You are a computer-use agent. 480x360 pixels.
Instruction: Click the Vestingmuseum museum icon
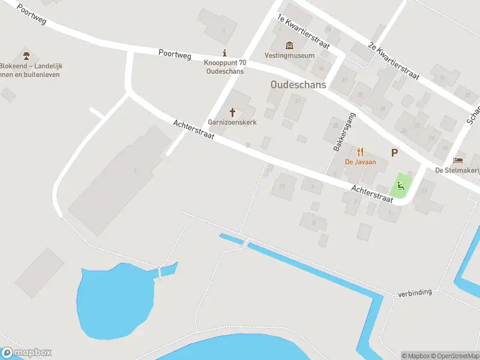click(290, 45)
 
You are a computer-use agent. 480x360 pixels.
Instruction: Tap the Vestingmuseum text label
click(290, 56)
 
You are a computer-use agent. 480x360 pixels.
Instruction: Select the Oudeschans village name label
click(298, 85)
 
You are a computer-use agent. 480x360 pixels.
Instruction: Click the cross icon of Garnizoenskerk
click(232, 112)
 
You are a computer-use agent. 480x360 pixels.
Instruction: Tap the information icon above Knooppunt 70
click(224, 53)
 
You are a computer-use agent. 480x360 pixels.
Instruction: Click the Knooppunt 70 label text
click(224, 62)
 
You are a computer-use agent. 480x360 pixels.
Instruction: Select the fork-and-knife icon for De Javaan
click(360, 152)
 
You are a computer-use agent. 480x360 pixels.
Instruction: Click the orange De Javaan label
click(360, 162)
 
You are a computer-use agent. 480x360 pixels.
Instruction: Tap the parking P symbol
click(394, 152)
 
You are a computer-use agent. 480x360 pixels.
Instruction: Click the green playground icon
click(401, 186)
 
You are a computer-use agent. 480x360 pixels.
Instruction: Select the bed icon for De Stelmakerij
click(458, 160)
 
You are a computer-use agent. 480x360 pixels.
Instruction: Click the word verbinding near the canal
click(415, 292)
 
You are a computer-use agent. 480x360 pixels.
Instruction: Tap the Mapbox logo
click(26, 353)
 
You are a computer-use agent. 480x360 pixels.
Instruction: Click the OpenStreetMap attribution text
click(456, 356)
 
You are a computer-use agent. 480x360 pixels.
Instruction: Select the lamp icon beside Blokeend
click(26, 56)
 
